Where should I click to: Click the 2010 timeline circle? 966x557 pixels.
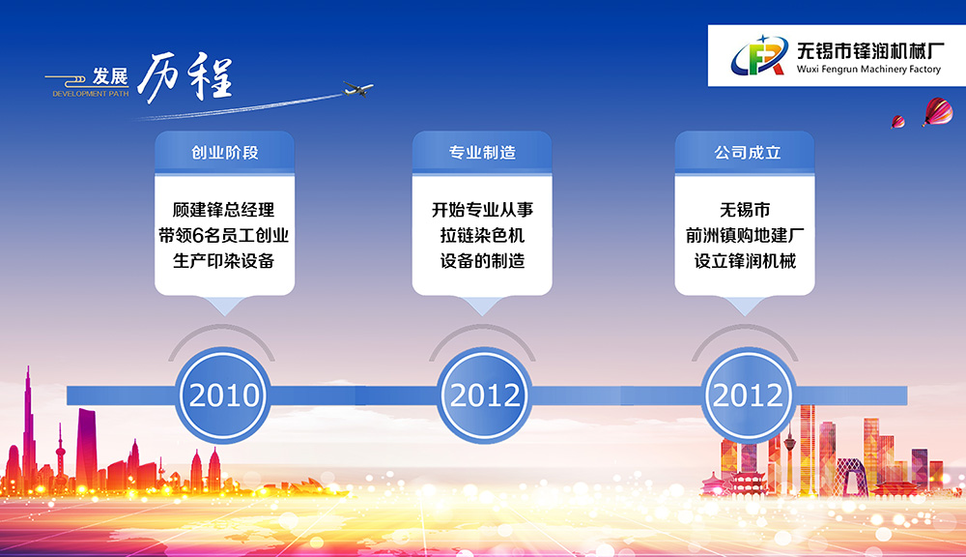click(224, 395)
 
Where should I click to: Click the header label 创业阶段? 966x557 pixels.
click(224, 153)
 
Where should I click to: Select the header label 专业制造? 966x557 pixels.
click(482, 153)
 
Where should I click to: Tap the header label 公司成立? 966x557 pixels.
click(748, 153)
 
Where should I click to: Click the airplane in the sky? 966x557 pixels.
click(358, 89)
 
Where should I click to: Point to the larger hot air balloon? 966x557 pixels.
click(938, 111)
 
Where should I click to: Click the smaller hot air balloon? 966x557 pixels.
click(898, 122)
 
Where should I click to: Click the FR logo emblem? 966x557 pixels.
click(759, 55)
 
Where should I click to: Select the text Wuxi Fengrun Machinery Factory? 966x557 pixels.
click(868, 69)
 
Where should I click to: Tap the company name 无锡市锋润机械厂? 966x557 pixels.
click(870, 50)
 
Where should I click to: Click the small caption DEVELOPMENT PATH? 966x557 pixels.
click(91, 94)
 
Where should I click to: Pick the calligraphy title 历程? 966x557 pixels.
click(185, 77)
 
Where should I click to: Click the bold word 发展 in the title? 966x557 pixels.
click(110, 76)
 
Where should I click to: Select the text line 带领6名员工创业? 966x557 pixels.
click(224, 235)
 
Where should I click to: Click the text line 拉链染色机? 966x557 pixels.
click(482, 235)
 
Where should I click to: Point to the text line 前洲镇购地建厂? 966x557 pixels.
click(745, 235)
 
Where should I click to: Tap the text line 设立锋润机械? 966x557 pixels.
click(745, 261)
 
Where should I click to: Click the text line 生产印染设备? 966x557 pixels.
click(224, 261)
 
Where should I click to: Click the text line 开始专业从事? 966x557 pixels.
click(482, 210)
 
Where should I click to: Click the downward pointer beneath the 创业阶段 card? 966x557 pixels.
click(224, 305)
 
